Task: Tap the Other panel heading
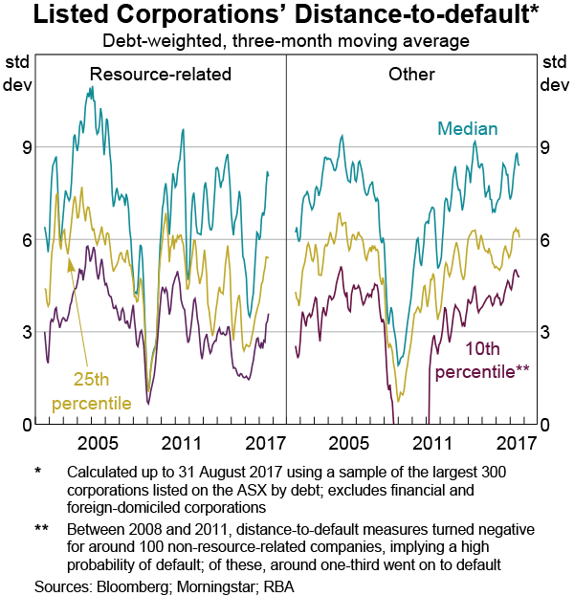click(x=412, y=74)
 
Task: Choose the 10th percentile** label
click(x=482, y=360)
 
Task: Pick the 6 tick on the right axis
click(x=545, y=240)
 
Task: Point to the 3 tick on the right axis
click(x=545, y=332)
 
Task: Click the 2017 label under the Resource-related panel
click(x=264, y=444)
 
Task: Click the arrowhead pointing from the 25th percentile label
click(x=71, y=263)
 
